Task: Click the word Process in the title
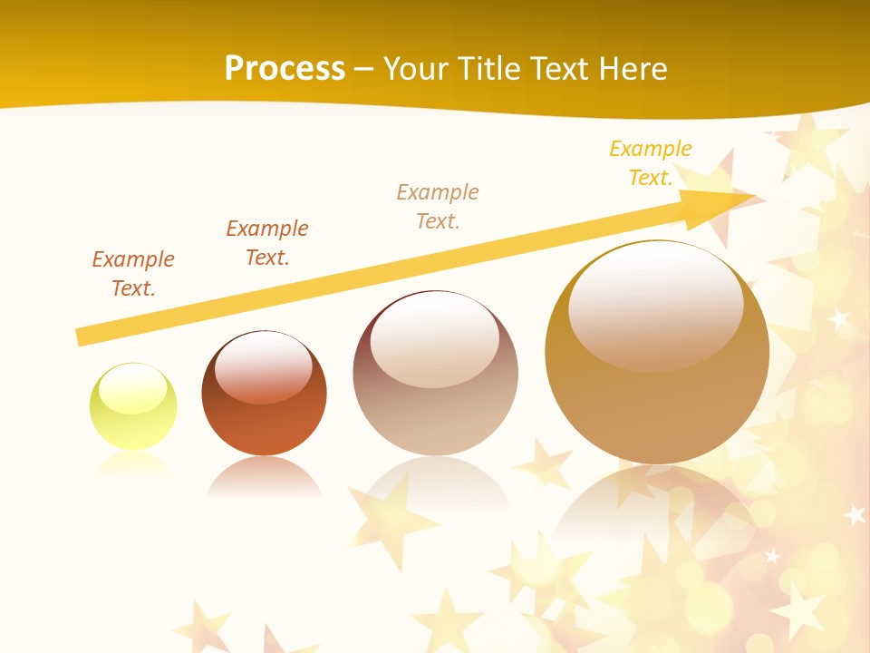[x=285, y=68]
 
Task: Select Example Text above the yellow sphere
[x=132, y=274]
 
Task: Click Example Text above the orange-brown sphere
[x=266, y=243]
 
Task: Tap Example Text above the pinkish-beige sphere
[x=438, y=207]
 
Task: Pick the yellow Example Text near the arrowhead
[x=650, y=163]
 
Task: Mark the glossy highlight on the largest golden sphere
[x=655, y=306]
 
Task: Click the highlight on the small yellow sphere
[x=132, y=389]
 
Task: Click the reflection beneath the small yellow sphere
[x=133, y=465]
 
